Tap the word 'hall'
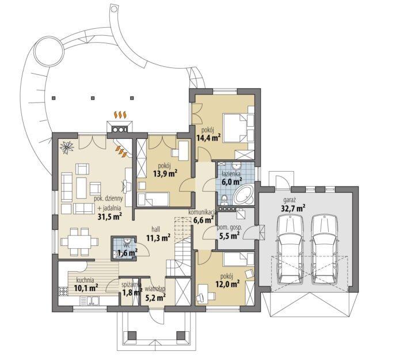(156, 229)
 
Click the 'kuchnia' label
(85, 280)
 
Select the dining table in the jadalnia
(79, 242)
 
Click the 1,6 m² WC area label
(127, 253)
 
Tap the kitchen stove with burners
(63, 292)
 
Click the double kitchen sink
(90, 301)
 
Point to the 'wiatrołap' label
(155, 289)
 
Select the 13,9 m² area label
(166, 174)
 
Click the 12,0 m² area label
(227, 284)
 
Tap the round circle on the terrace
(49, 51)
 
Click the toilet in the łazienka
(225, 199)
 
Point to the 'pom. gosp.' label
(230, 228)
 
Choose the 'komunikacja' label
(201, 212)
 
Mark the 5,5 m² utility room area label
(230, 235)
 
